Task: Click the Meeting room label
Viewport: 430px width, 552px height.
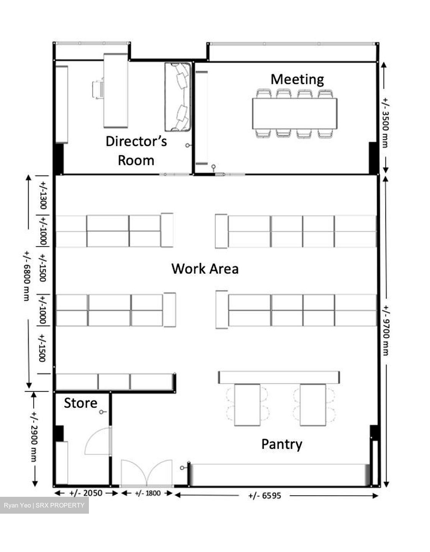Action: (x=297, y=79)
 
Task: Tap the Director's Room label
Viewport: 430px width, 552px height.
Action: (x=136, y=151)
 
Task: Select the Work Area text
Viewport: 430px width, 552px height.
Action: (x=205, y=269)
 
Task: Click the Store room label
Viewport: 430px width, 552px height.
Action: (x=80, y=403)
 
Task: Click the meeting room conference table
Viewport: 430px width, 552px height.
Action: (x=295, y=113)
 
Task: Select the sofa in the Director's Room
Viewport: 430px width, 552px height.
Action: (x=178, y=97)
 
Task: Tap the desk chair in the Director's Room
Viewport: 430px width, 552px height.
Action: (x=98, y=89)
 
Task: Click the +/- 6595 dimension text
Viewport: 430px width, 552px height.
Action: (x=265, y=496)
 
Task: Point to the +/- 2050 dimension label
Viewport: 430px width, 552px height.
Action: (x=86, y=493)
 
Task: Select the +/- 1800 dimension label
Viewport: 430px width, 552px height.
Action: (x=148, y=493)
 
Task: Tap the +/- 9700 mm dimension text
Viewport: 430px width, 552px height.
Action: (x=386, y=330)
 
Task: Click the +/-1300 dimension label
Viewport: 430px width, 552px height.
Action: (x=43, y=195)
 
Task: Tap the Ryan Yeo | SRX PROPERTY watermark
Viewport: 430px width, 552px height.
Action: (x=44, y=505)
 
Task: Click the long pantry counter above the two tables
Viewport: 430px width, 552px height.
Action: (x=279, y=377)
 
